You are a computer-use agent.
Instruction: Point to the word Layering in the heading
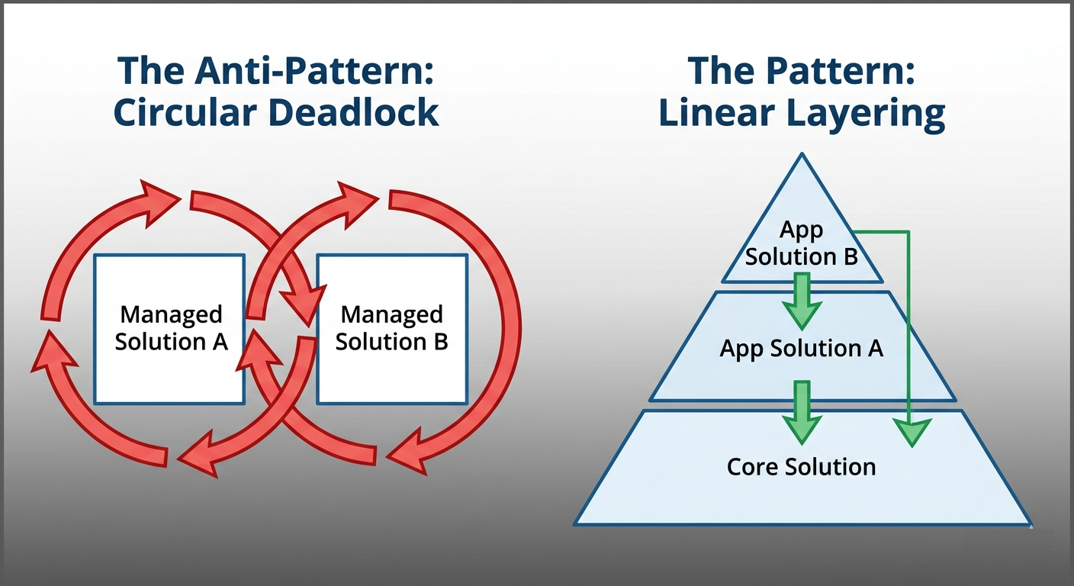871,114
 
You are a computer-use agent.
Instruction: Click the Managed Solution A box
169,329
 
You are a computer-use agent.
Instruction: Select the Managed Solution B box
391,329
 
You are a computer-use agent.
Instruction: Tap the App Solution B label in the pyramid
801,243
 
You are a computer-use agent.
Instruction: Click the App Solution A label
801,349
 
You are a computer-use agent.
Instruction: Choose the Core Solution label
801,466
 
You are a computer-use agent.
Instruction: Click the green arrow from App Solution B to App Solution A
801,301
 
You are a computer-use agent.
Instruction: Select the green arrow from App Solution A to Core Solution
801,413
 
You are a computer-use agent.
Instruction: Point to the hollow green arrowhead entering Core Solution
909,432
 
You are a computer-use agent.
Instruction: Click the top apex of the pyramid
801,156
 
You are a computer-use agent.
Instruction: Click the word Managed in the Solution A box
171,314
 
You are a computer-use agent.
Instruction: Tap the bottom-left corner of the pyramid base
577,523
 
